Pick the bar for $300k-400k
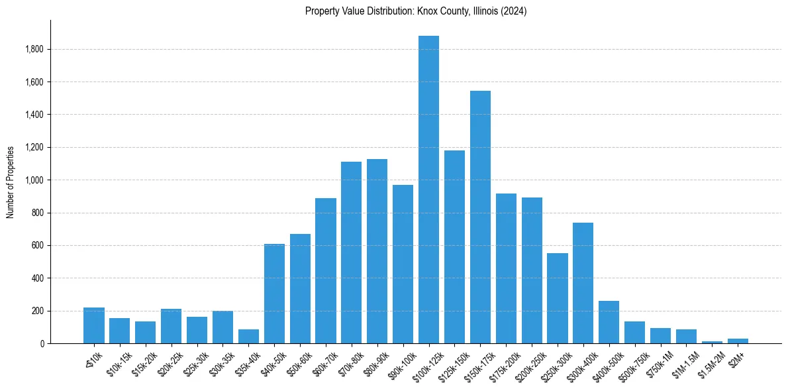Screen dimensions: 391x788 [583, 283]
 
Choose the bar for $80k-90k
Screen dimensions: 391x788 [377, 251]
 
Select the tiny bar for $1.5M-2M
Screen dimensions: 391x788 [712, 342]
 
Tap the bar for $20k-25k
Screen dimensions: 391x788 [171, 326]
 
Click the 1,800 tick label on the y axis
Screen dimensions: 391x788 [34, 49]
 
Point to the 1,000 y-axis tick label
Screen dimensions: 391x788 [34, 180]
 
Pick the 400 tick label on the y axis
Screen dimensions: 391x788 [38, 278]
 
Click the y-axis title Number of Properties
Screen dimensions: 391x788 [11, 182]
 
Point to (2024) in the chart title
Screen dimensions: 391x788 [514, 11]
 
